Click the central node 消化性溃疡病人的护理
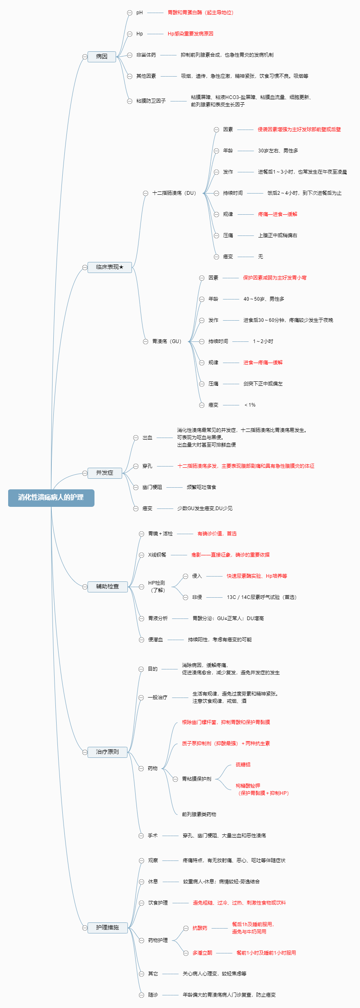tap(51, 497)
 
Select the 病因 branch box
tap(102, 57)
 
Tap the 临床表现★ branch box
tap(110, 267)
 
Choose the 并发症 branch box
tap(105, 473)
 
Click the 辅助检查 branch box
tap(108, 587)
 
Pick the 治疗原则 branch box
tap(108, 752)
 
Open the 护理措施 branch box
tap(108, 928)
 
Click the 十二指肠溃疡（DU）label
tap(174, 193)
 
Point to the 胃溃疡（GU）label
tap(167, 341)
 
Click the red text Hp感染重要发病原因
tap(191, 34)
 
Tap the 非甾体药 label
tap(146, 55)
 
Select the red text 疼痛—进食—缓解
tap(277, 214)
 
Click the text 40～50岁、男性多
tap(264, 299)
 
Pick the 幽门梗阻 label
tap(152, 487)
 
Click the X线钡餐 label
tap(157, 555)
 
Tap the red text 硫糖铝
tap(243, 765)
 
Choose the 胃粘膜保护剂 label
tap(197, 779)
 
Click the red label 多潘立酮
tap(202, 953)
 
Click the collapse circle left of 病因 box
tap(85, 57)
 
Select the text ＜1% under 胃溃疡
tap(250, 405)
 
